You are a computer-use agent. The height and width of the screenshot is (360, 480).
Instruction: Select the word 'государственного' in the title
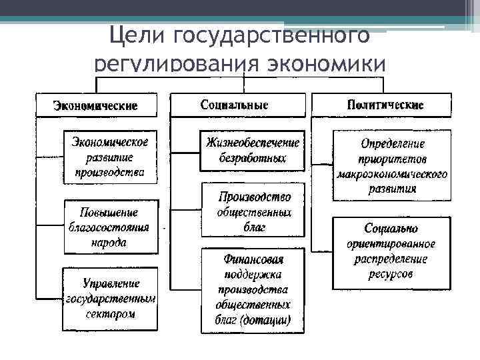coord(270,35)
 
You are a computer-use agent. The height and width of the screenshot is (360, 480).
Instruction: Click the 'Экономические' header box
coord(96,106)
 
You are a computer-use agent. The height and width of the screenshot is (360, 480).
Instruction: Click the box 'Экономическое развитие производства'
coord(111,157)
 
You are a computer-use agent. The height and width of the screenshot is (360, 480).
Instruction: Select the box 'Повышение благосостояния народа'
coord(111,227)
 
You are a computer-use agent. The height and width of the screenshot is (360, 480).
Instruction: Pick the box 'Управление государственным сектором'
coord(111,298)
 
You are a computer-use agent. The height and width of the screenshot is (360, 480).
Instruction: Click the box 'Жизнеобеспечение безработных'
coord(253,151)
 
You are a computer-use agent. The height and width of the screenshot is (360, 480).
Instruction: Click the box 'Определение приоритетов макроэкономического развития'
coord(392,165)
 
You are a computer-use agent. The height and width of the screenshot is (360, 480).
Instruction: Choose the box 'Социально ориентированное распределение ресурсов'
coord(391,251)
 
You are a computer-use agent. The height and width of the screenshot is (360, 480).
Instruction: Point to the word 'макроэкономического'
coord(392,175)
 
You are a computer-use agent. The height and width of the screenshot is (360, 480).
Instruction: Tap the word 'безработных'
coord(253,159)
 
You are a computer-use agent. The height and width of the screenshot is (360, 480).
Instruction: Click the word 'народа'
coord(109,243)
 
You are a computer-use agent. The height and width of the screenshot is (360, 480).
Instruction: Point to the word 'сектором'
coord(111,314)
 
